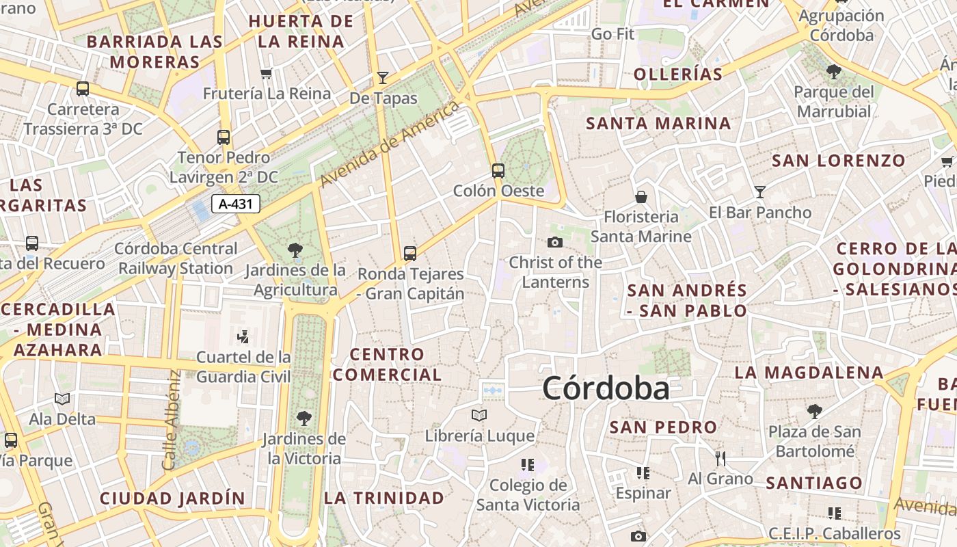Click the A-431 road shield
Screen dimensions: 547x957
[x=236, y=204]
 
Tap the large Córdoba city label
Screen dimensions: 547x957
[x=606, y=388]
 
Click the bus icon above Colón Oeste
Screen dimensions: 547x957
[x=498, y=171]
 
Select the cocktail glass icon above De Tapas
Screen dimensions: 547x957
[x=383, y=78]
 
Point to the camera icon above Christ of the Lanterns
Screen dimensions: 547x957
[x=555, y=242]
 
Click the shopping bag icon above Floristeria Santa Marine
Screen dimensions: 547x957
[x=641, y=197]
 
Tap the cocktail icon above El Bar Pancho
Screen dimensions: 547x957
[x=759, y=192]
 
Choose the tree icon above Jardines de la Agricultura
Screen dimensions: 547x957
[x=295, y=250]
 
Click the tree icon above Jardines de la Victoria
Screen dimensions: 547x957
[x=304, y=418]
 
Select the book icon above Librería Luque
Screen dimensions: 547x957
[x=479, y=415]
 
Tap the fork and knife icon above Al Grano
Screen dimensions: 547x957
[x=720, y=458]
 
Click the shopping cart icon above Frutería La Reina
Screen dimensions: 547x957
[x=267, y=73]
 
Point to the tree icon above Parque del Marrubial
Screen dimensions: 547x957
[x=834, y=71]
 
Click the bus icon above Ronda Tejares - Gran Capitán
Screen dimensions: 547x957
[x=410, y=254]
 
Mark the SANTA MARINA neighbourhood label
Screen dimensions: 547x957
[x=658, y=124]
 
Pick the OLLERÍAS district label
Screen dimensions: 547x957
[x=678, y=75]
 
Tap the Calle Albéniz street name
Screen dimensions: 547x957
[x=172, y=420]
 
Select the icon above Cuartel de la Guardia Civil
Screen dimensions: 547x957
[x=243, y=336]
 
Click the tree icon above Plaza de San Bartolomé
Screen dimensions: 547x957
[x=814, y=411]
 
